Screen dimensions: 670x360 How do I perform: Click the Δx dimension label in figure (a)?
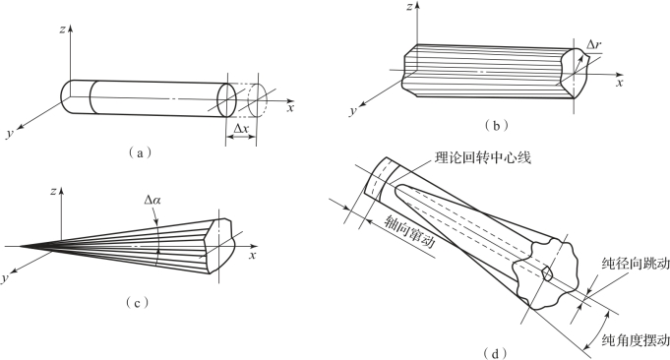click(x=241, y=127)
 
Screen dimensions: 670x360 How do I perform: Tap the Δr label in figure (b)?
click(x=593, y=45)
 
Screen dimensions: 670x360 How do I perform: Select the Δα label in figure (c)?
click(x=152, y=200)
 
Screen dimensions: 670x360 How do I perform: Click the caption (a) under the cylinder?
click(x=140, y=152)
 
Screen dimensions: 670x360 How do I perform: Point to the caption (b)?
click(x=496, y=126)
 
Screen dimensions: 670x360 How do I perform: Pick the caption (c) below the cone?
click(x=137, y=303)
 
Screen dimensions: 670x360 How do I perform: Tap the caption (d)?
click(x=495, y=353)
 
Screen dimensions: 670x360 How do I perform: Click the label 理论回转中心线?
click(x=482, y=158)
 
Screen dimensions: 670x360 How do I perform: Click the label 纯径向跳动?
click(x=636, y=264)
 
